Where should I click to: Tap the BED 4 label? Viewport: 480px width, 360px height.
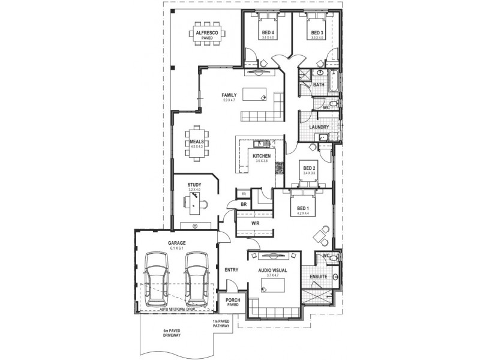(x=268, y=32)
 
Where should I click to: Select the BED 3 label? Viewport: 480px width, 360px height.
(x=317, y=32)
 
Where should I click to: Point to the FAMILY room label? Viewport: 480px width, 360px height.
(x=228, y=95)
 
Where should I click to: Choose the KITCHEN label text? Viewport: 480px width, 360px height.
(x=262, y=156)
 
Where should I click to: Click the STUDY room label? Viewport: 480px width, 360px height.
(x=194, y=185)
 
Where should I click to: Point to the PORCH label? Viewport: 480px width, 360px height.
(x=232, y=301)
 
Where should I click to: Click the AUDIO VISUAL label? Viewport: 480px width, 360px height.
(x=273, y=271)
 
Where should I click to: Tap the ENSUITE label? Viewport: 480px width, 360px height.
(x=318, y=277)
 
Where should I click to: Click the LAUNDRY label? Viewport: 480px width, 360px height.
(x=319, y=127)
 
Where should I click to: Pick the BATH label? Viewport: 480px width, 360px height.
(x=319, y=85)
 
